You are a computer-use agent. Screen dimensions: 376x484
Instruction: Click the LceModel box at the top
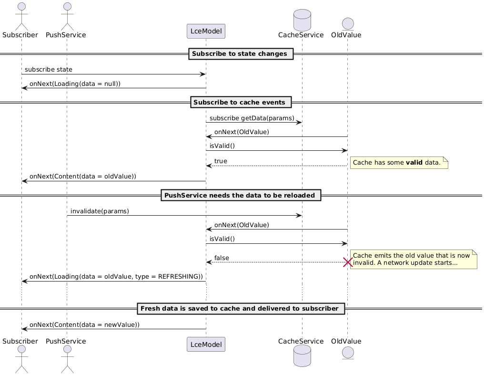(206, 31)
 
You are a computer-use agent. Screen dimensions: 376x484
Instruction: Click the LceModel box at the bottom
(206, 344)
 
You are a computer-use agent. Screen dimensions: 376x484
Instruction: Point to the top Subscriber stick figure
(21, 14)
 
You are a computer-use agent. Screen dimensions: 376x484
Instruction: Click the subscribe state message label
(49, 70)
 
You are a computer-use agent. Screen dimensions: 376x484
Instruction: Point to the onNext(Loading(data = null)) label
(75, 84)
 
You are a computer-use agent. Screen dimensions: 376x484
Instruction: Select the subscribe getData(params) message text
(252, 118)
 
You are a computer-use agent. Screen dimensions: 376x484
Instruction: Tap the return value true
(221, 161)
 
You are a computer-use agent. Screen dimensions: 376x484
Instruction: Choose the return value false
(222, 258)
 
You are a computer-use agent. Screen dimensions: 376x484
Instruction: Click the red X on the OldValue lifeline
(347, 262)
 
